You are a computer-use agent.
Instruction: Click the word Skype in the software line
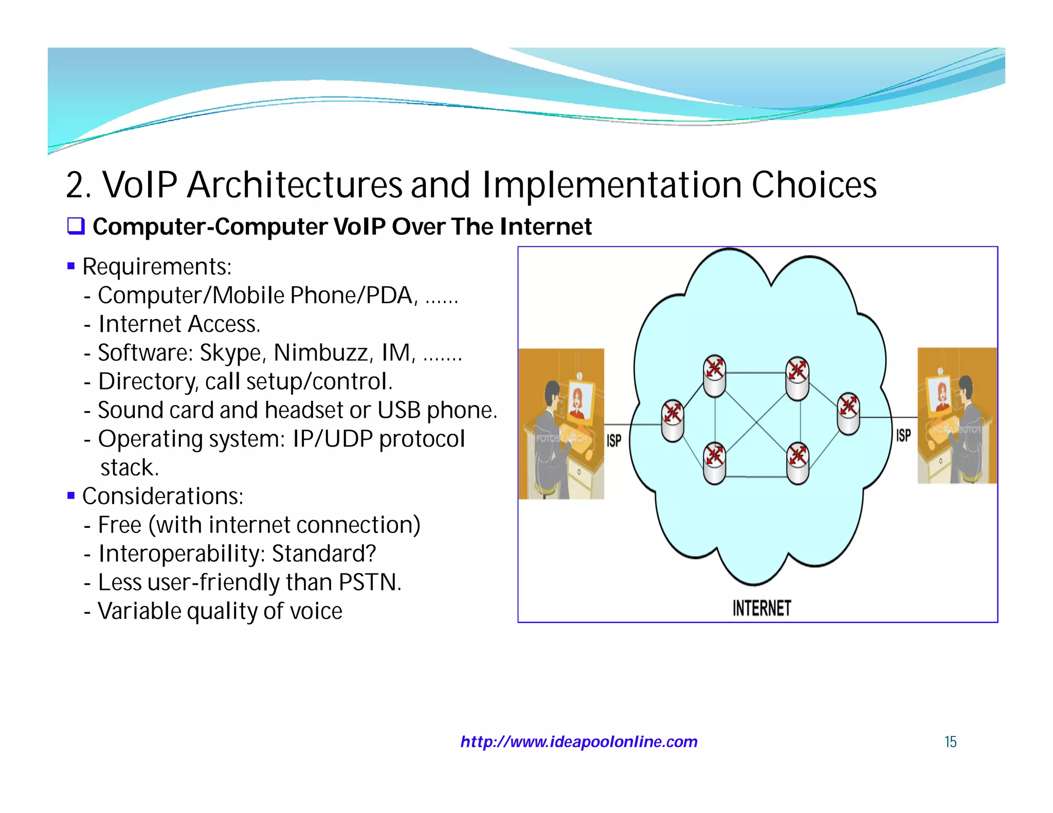pyautogui.click(x=230, y=354)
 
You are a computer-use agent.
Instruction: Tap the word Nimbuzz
pyautogui.click(x=320, y=353)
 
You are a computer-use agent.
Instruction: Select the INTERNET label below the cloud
pyautogui.click(x=761, y=608)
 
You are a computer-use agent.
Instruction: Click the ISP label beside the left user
pyautogui.click(x=614, y=440)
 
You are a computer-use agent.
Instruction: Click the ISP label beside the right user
pyautogui.click(x=903, y=436)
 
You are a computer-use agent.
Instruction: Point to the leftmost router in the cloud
pyautogui.click(x=673, y=421)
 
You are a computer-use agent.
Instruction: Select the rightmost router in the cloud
pyautogui.click(x=848, y=413)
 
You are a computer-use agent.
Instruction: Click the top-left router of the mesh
pyautogui.click(x=715, y=376)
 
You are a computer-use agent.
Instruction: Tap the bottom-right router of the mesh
pyautogui.click(x=798, y=463)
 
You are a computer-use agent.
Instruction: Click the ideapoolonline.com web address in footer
pyautogui.click(x=579, y=742)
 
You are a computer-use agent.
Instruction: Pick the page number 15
pyautogui.click(x=950, y=742)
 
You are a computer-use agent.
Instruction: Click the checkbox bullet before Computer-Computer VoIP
pyautogui.click(x=76, y=226)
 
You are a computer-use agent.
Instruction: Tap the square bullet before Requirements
pyautogui.click(x=71, y=266)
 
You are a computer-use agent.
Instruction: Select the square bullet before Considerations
pyautogui.click(x=71, y=496)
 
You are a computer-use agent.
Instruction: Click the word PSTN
pyautogui.click(x=368, y=583)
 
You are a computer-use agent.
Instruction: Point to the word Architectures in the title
pyautogui.click(x=294, y=185)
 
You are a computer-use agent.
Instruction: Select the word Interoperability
pyautogui.click(x=181, y=554)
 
